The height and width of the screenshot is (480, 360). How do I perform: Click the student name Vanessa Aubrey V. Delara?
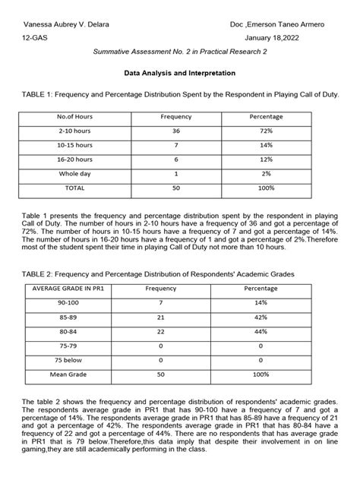tap(65, 24)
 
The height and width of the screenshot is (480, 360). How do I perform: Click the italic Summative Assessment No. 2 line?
tap(179, 54)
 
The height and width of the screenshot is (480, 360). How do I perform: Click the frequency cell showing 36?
tap(175, 131)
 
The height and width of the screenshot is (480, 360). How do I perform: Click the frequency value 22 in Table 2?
tap(175, 330)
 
